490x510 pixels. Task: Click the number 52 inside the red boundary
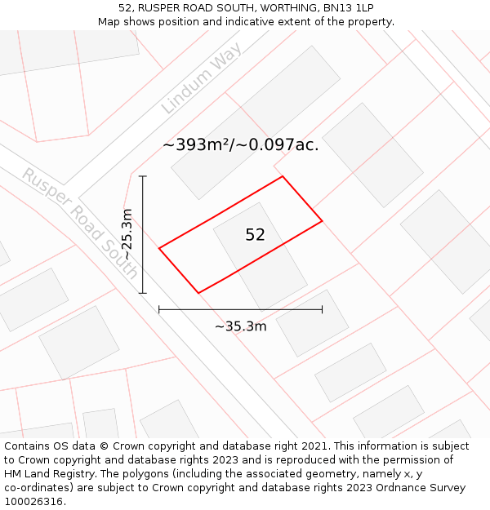[255, 235]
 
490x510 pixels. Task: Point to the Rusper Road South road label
[80, 224]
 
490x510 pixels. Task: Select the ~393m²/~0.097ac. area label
[241, 145]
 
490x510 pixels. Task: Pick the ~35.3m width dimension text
[241, 326]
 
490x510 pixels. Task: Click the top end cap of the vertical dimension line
[143, 176]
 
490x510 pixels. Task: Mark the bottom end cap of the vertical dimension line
[143, 293]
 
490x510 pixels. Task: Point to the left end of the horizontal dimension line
[159, 309]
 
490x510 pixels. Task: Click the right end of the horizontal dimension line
[322, 309]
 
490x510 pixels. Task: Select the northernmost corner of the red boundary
[283, 176]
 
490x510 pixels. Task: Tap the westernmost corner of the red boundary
[159, 248]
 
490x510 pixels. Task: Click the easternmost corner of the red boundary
[322, 220]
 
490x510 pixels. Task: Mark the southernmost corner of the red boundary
[198, 292]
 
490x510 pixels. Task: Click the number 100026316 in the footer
[33, 502]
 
